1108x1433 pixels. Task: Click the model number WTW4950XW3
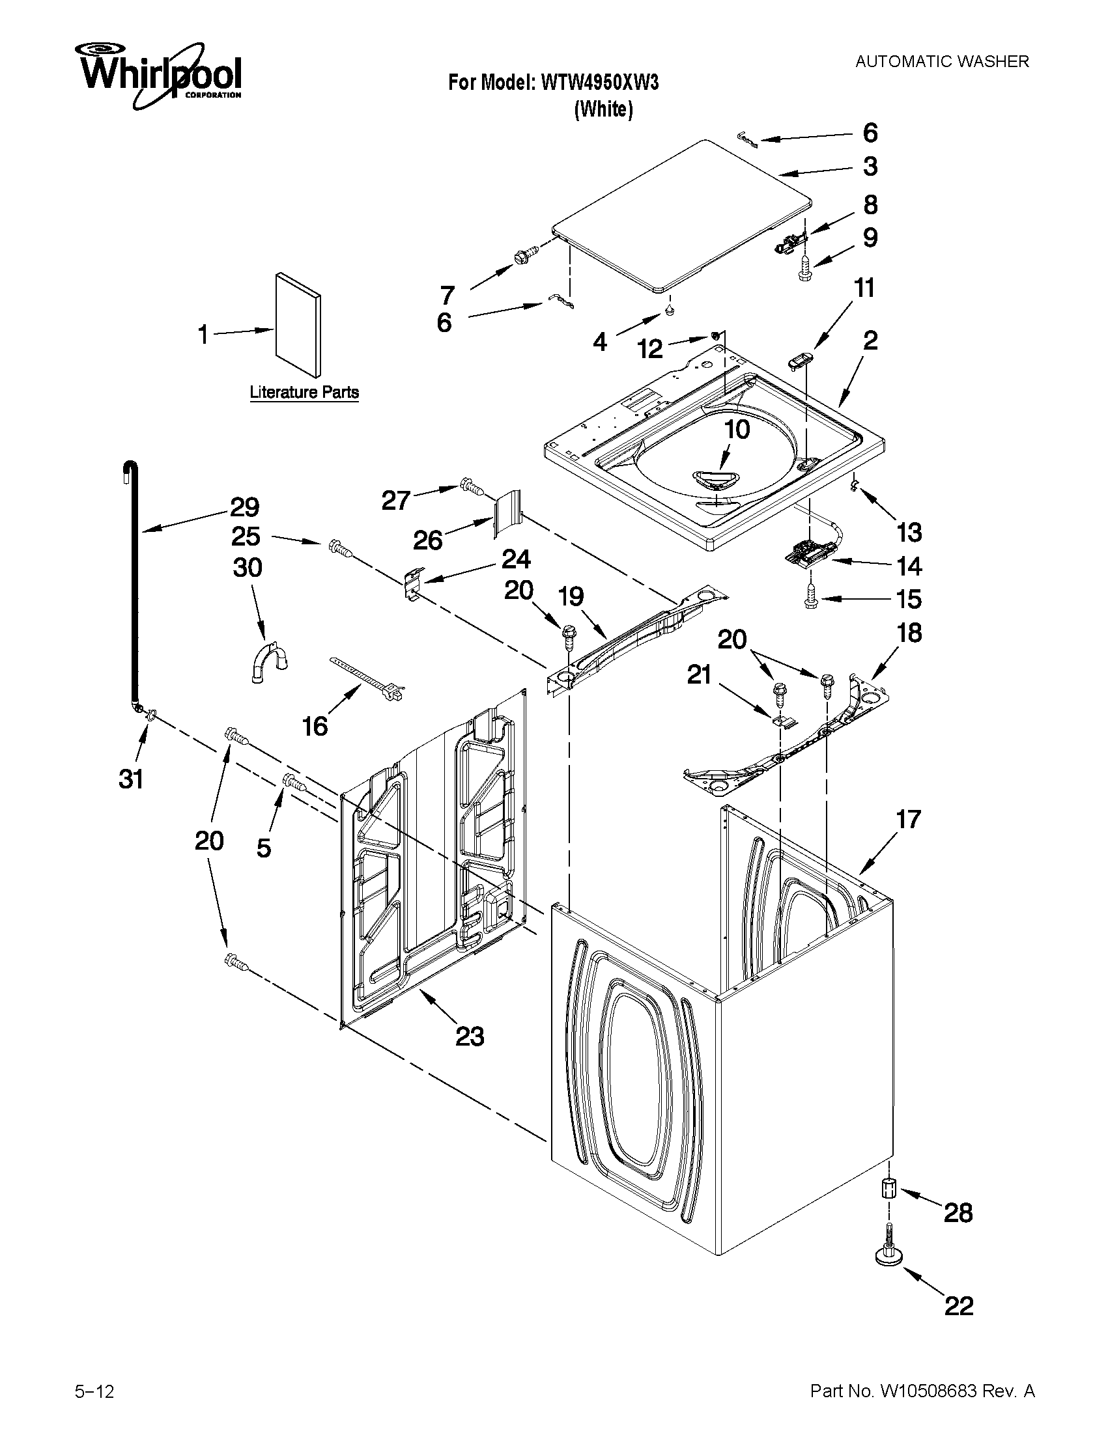pos(599,82)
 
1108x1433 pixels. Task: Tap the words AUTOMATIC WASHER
pos(942,62)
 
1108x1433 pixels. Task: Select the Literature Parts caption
pos(304,393)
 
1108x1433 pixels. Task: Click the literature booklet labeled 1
pos(300,326)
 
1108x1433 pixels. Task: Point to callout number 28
pos(958,1213)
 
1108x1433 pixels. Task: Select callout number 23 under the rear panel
pos(470,1036)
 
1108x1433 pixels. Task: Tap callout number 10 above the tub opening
pos(737,430)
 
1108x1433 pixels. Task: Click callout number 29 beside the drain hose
pos(244,507)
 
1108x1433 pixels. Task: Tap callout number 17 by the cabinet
pos(909,819)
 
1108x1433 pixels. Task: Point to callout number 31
pos(131,779)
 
